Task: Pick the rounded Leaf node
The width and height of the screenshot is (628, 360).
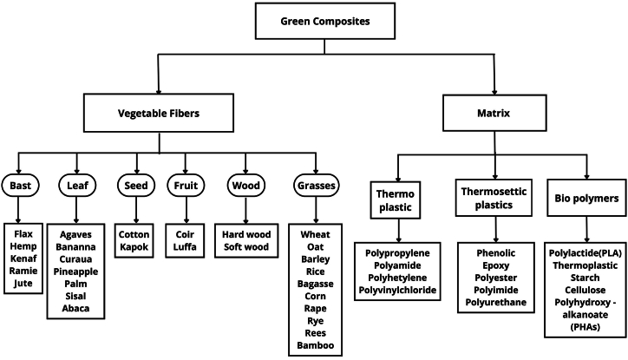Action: pyautogui.click(x=75, y=185)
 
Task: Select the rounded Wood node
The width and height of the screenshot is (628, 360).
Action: pyautogui.click(x=245, y=185)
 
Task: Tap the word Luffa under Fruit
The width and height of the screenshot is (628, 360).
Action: pyautogui.click(x=187, y=246)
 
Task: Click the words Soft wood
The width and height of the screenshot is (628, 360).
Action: pyautogui.click(x=246, y=246)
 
